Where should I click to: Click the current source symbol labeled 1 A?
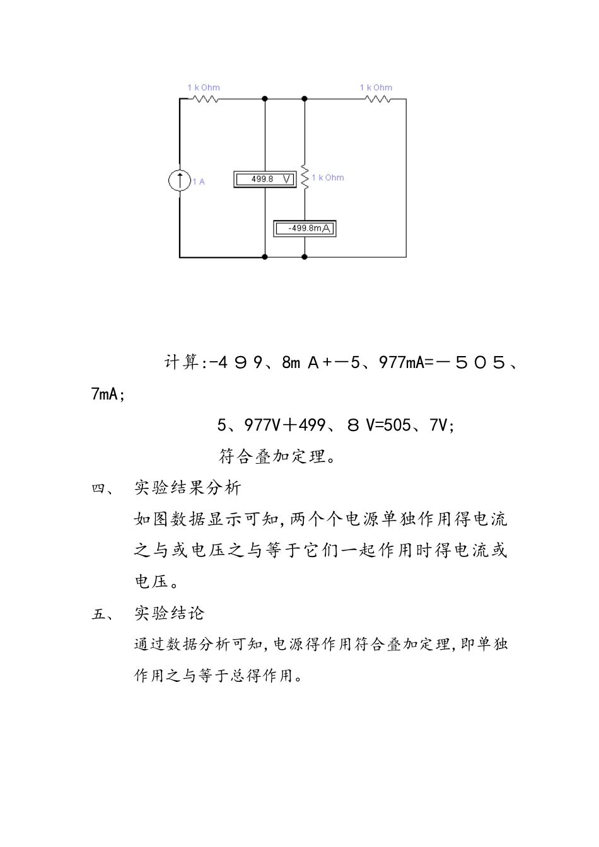(180, 181)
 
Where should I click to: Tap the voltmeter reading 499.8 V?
(265, 180)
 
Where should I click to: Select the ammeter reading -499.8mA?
(305, 228)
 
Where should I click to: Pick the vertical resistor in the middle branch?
(305, 178)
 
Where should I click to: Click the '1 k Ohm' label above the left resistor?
(204, 88)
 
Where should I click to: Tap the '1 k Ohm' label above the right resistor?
(376, 88)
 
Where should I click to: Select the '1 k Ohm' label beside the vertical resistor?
(328, 178)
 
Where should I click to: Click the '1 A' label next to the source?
(199, 181)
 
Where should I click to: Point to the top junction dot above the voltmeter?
(265, 99)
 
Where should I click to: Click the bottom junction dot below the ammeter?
(305, 257)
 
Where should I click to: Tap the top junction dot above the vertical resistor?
(305, 99)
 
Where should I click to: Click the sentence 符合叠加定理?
(277, 456)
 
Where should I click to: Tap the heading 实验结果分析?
(187, 488)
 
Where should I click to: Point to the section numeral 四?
(101, 488)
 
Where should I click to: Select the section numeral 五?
(101, 613)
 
